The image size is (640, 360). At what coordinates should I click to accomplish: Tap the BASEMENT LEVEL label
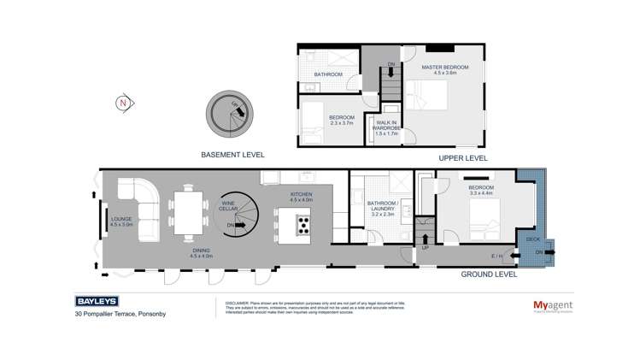pos(232,156)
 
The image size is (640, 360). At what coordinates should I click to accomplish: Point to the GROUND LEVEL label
pos(490,274)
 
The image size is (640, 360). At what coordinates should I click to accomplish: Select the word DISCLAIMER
pos(237,303)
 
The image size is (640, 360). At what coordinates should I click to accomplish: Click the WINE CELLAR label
pos(228,205)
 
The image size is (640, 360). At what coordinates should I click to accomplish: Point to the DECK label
pos(531,239)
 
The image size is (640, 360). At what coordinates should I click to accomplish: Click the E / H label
pos(497,255)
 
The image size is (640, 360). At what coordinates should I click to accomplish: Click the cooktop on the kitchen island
pos(303,224)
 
